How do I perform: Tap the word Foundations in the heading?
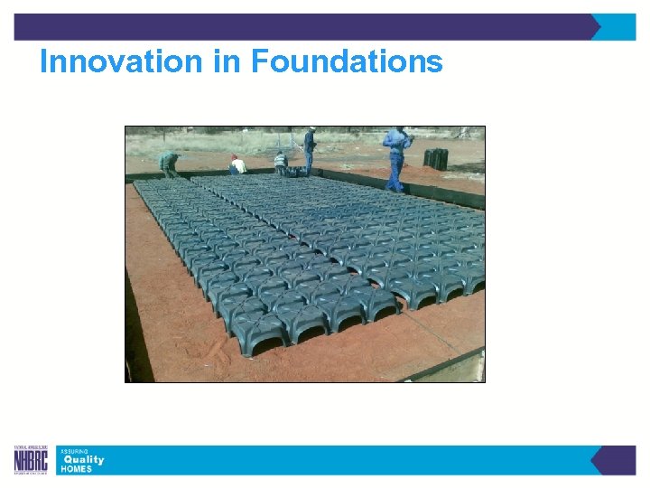(347, 61)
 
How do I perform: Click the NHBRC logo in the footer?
(32, 460)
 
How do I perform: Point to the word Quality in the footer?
(83, 459)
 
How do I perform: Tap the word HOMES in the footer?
(76, 469)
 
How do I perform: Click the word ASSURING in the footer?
(74, 450)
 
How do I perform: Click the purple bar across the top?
(307, 27)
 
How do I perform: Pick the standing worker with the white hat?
(310, 150)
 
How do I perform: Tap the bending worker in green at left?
(169, 163)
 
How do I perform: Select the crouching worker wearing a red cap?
(237, 165)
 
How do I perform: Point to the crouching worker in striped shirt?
(281, 164)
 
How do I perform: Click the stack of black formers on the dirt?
(436, 159)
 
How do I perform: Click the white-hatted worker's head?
(311, 132)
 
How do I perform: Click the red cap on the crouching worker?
(235, 158)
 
